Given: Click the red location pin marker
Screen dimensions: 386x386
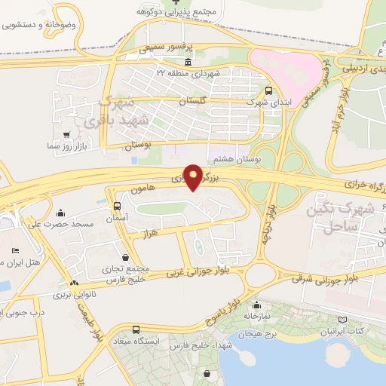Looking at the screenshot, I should [194, 176].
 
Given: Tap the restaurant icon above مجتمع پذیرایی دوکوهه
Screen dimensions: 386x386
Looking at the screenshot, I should [176, 2].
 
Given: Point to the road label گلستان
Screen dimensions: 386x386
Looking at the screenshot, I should [194, 100].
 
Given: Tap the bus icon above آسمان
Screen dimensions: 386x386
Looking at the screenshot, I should [117, 206].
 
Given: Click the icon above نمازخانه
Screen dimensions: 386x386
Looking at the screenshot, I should [257, 305].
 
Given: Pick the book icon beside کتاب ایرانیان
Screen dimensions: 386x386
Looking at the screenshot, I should [344, 320].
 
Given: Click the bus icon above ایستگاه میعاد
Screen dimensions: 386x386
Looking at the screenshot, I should [136, 329].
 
